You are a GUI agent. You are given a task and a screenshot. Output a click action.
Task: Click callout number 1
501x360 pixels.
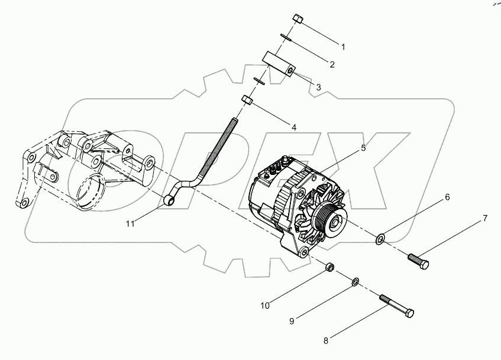[x=342, y=46]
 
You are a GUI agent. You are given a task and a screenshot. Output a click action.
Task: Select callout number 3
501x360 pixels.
[x=318, y=87]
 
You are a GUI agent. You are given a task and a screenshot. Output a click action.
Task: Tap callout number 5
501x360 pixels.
[x=363, y=148]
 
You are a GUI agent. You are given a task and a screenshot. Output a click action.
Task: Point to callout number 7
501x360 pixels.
[x=484, y=219]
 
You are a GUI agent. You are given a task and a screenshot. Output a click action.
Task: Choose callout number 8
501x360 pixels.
[x=325, y=340]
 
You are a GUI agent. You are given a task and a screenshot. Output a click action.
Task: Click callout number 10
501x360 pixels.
[x=266, y=306]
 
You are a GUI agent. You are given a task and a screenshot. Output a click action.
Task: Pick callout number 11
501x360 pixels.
[x=130, y=223]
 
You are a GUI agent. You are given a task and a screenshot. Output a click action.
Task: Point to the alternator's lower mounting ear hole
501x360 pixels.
[x=303, y=252]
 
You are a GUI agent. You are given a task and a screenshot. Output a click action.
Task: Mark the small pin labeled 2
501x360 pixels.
[x=285, y=37]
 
